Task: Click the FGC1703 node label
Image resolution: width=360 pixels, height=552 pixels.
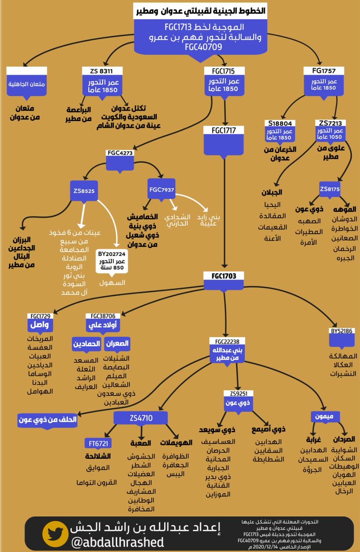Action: pyautogui.click(x=224, y=276)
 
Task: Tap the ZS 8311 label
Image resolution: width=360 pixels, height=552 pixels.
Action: pyautogui.click(x=104, y=71)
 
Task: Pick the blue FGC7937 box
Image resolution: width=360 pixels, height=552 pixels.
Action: pyautogui.click(x=161, y=190)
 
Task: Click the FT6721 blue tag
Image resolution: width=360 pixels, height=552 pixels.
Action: pyautogui.click(x=99, y=443)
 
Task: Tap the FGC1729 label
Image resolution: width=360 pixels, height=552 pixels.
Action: pyautogui.click(x=41, y=316)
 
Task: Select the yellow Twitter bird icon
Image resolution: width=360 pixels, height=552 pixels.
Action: pyautogui.click(x=56, y=534)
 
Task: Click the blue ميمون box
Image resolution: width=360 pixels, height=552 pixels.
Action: pyautogui.click(x=325, y=416)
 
